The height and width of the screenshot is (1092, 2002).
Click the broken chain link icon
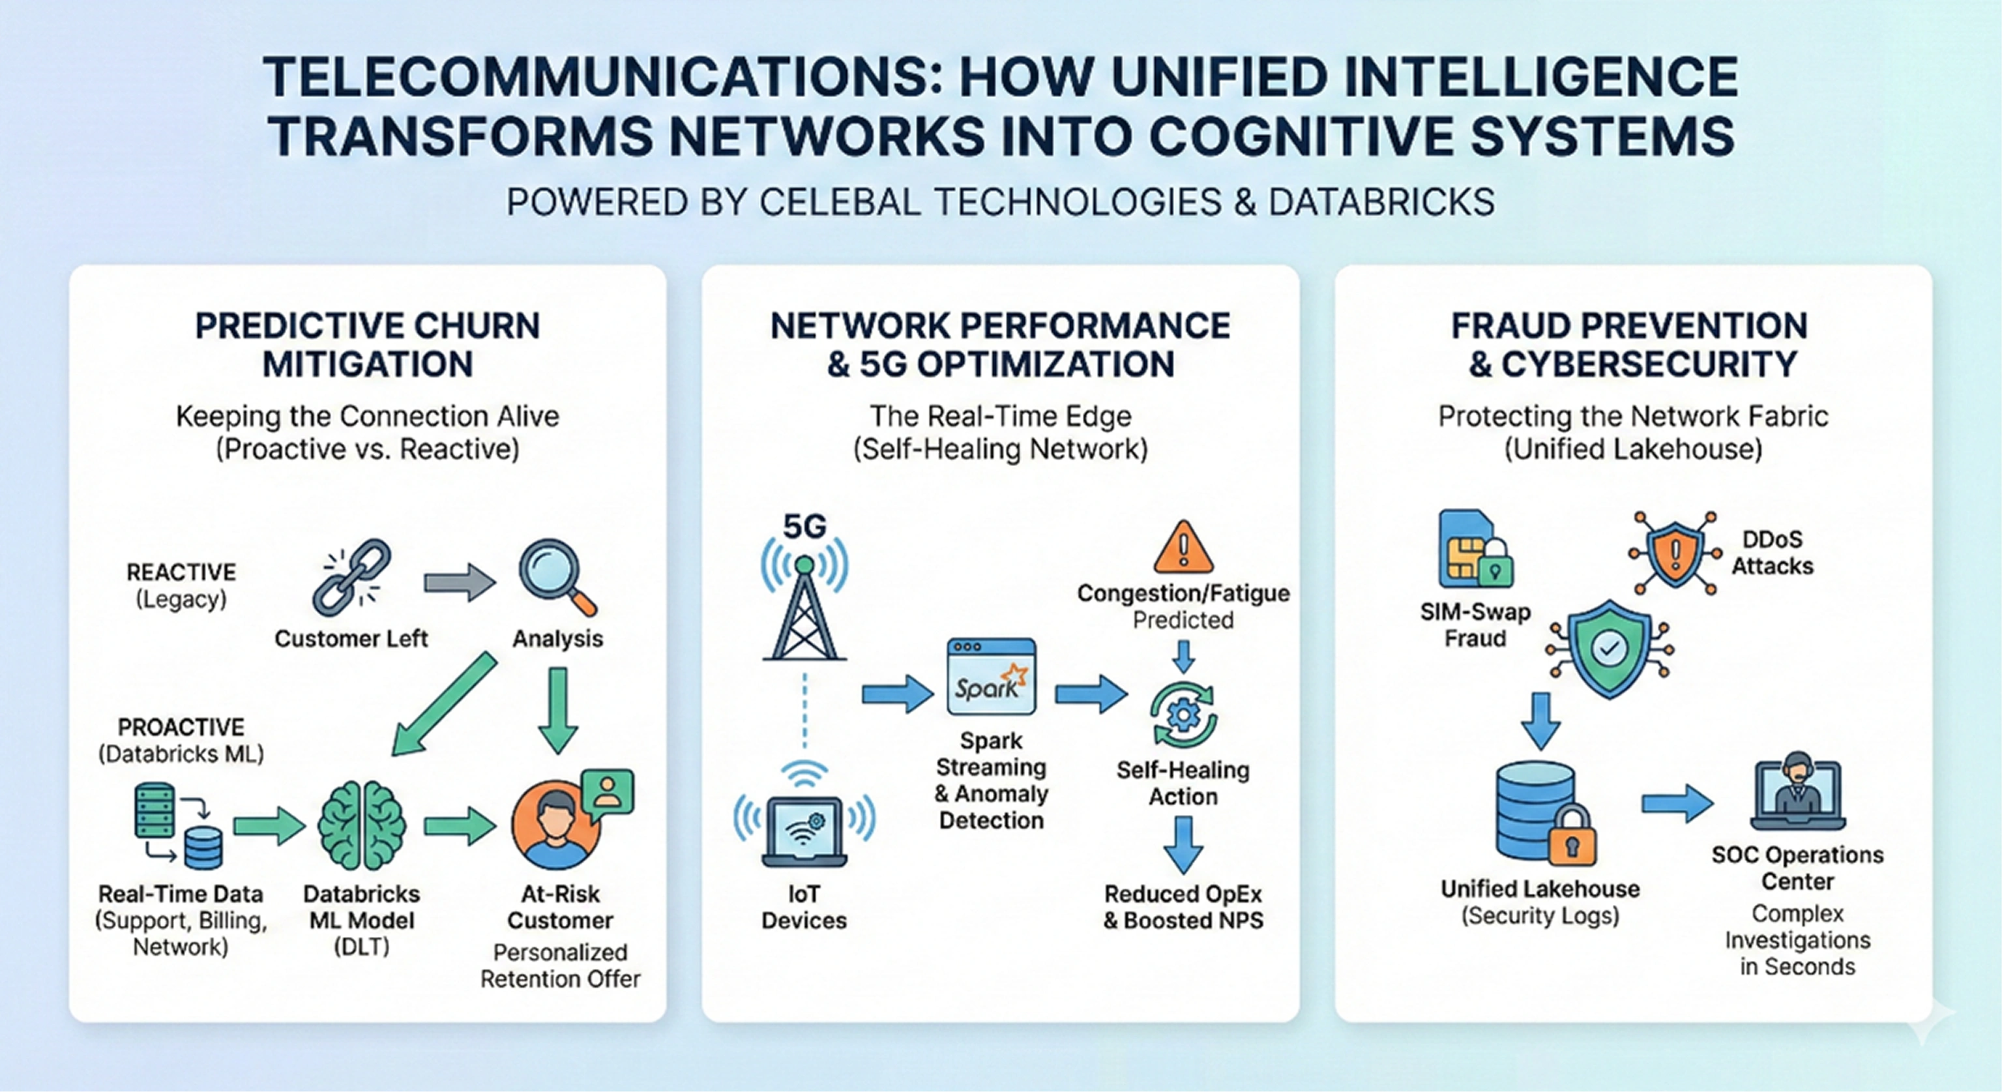point(352,578)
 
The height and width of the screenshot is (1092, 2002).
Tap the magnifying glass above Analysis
point(557,577)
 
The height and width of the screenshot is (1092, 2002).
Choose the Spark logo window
point(991,677)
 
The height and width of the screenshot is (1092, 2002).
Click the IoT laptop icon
point(804,830)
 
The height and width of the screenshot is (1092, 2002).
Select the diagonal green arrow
point(444,703)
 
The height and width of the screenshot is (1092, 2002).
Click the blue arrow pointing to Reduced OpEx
point(1183,844)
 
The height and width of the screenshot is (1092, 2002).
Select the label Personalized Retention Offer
point(561,966)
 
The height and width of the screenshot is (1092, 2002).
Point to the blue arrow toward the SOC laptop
point(1677,804)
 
